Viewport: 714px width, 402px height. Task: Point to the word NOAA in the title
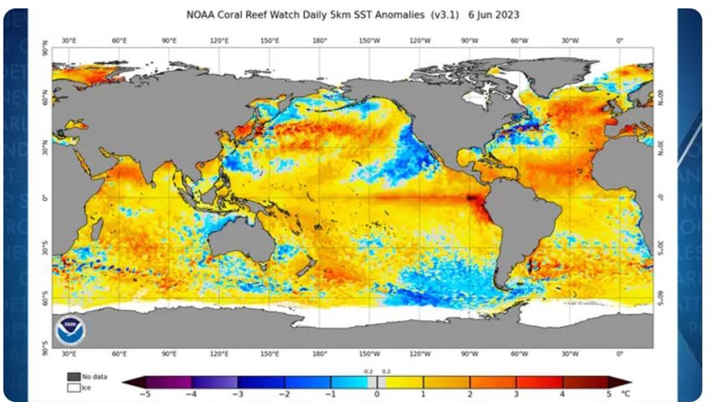click(203, 15)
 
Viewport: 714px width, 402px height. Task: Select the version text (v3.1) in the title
click(447, 15)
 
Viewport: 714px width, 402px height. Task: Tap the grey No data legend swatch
click(74, 376)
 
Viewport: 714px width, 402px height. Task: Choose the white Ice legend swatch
click(74, 388)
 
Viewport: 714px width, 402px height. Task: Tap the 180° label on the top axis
click(319, 40)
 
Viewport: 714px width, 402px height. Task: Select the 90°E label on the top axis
click(169, 40)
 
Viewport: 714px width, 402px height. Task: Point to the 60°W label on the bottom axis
click(519, 354)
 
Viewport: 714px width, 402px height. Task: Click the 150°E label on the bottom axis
click(269, 354)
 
